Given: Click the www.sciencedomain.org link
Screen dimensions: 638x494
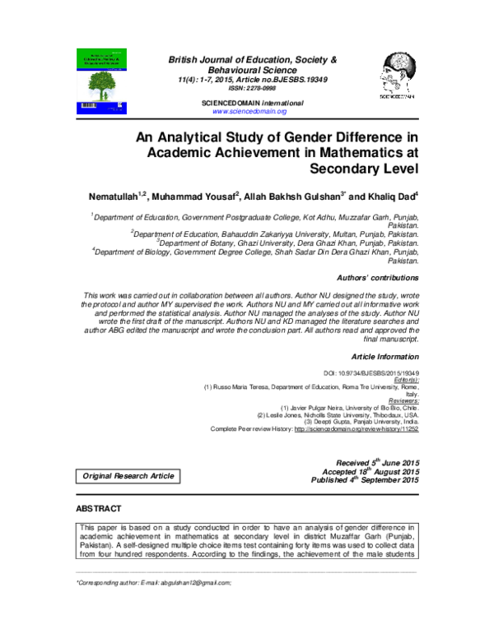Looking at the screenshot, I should [249, 110].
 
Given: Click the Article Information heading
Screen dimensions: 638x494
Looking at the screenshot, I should [384, 357].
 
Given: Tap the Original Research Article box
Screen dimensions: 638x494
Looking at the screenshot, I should [128, 476].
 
